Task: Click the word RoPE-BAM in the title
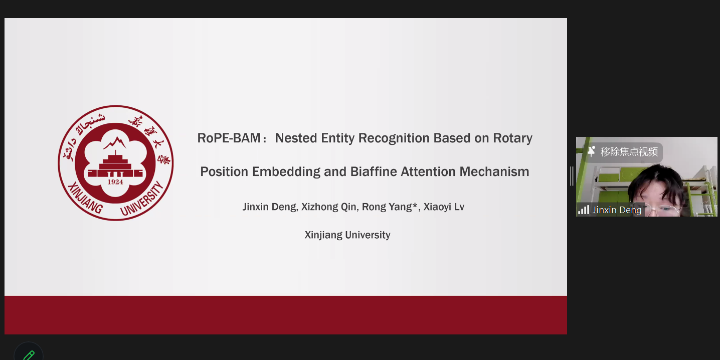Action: [x=229, y=138]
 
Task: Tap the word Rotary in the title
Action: [x=513, y=138]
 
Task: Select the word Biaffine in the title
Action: [x=374, y=171]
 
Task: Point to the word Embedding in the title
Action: [x=286, y=172]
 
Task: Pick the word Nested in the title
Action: [x=296, y=138]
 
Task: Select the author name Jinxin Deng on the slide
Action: [x=269, y=207]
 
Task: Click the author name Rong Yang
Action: [x=387, y=207]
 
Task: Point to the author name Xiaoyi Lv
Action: [x=444, y=207]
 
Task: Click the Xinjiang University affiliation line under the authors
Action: [x=347, y=235]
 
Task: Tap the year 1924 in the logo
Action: [x=115, y=182]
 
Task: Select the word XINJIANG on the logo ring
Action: [x=85, y=198]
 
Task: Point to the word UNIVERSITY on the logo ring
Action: [x=142, y=199]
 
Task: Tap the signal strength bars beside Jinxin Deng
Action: [x=584, y=210]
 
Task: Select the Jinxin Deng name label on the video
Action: [x=617, y=210]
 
